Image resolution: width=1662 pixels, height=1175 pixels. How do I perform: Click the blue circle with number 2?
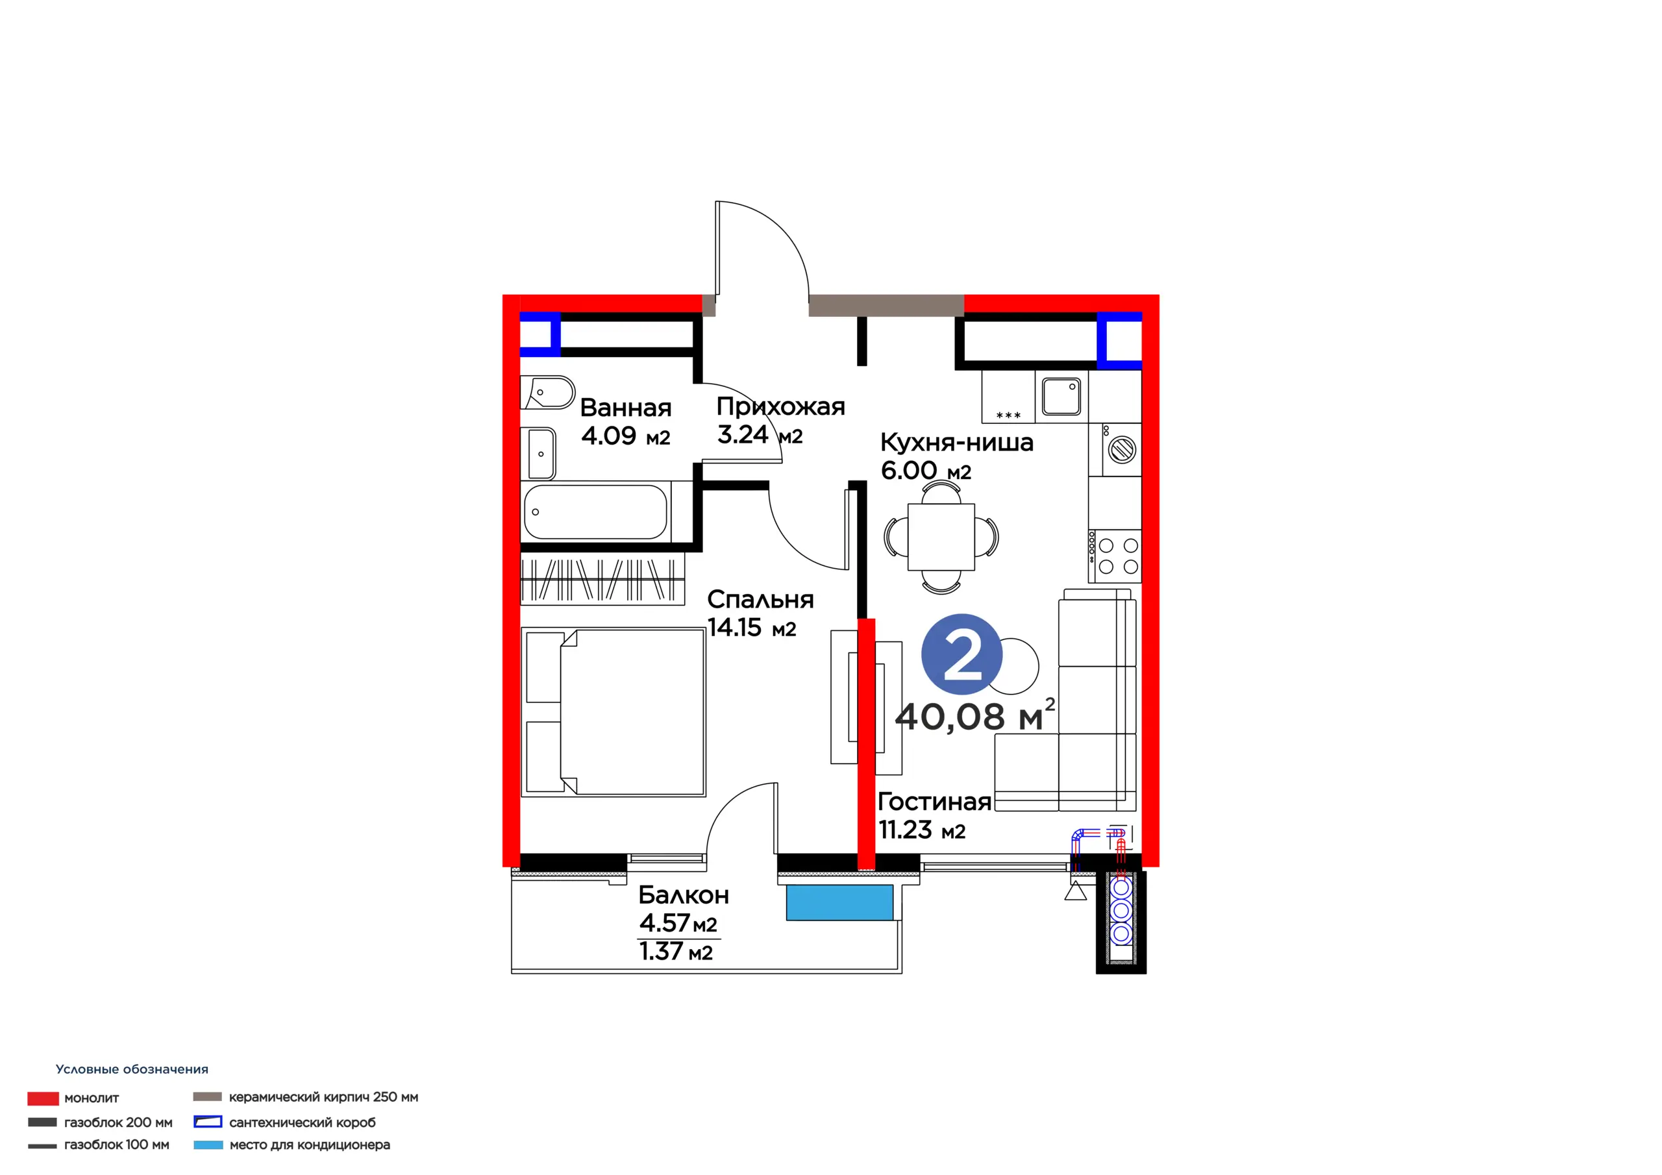point(961,654)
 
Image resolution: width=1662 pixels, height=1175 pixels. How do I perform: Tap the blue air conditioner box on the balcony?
point(839,903)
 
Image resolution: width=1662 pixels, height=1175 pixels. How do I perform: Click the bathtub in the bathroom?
point(595,512)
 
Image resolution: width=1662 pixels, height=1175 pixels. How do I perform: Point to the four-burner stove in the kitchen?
point(1115,556)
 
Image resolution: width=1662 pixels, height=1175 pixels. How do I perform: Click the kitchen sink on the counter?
point(1061,396)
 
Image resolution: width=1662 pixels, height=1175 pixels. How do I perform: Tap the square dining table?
point(941,536)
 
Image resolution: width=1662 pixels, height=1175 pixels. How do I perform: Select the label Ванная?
point(626,408)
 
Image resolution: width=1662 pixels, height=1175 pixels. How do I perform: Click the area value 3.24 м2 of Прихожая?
point(760,434)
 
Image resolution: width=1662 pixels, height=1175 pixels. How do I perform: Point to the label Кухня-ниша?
point(957,442)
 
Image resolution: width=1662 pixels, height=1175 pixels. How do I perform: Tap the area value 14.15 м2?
point(751,628)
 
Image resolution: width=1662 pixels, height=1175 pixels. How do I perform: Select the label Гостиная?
point(934,802)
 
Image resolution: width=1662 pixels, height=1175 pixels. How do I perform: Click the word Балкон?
point(684,896)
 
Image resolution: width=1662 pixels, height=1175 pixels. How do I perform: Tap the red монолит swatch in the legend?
point(43,1098)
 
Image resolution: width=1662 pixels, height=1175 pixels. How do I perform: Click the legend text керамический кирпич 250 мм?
point(323,1097)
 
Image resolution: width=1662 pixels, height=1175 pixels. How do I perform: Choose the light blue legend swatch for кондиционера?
point(208,1144)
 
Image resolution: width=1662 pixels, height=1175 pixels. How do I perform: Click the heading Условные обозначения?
point(132,1069)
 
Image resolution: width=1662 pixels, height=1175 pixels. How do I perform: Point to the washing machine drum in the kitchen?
point(1122,450)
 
